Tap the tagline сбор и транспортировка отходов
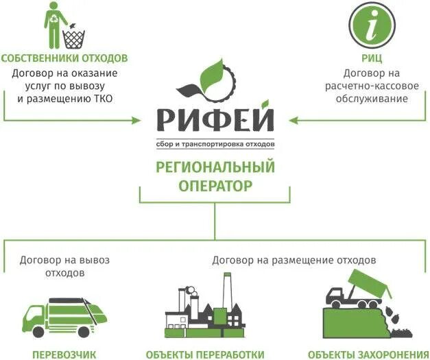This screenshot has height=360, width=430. pyautogui.click(x=215, y=145)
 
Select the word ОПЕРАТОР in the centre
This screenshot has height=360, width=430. pyautogui.click(x=215, y=185)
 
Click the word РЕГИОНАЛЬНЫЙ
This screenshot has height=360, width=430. pyautogui.click(x=215, y=167)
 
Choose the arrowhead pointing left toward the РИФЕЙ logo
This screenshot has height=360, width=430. pyautogui.click(x=294, y=120)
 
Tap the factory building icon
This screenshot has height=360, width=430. pyautogui.click(x=205, y=309)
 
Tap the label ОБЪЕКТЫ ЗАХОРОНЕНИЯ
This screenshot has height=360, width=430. pyautogui.click(x=372, y=354)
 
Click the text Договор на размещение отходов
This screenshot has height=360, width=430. pyautogui.click(x=294, y=261)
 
